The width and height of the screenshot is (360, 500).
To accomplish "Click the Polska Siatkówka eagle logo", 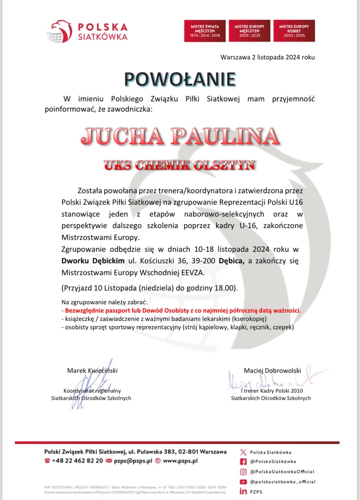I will click(59, 31).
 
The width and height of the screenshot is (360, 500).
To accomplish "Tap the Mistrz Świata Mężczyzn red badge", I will click(205, 31).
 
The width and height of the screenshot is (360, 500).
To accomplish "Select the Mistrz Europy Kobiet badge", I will click(294, 31).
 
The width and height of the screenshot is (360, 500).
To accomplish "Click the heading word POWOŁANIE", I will click(180, 79).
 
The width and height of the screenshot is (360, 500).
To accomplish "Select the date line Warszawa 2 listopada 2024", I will click(268, 57).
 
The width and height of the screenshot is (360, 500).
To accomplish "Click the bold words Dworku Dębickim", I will click(93, 261).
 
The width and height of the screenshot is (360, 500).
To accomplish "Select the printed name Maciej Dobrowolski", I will click(272, 371).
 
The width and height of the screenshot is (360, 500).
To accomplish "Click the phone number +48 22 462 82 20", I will click(77, 461).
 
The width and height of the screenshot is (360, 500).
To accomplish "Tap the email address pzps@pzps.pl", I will click(133, 461).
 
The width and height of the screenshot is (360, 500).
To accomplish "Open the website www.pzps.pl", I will click(180, 461).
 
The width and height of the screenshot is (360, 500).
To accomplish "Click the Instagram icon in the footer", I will click(244, 472).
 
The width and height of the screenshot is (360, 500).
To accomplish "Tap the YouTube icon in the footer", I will click(244, 482).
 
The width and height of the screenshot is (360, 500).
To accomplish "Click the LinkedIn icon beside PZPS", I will click(243, 491).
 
